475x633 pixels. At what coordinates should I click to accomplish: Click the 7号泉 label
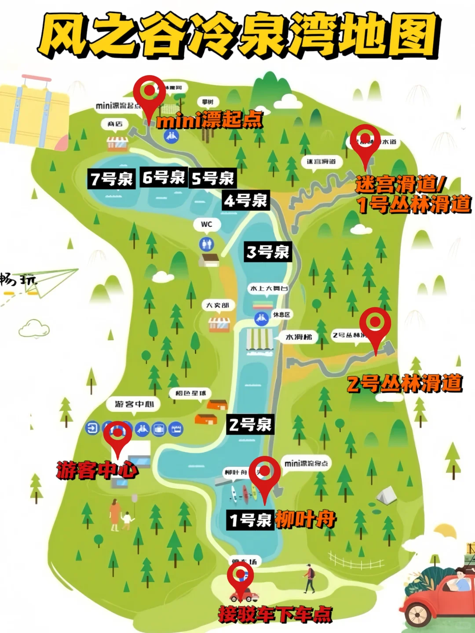pos(111,179)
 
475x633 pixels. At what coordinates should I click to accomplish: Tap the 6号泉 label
pos(164,177)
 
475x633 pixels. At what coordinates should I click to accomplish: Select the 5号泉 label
pos(213,178)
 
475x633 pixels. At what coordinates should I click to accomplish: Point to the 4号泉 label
pos(246,200)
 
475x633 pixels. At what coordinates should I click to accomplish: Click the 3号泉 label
pos(267,252)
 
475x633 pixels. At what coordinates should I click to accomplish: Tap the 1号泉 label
pos(250,520)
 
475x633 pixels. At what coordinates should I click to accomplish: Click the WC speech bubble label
pos(207,224)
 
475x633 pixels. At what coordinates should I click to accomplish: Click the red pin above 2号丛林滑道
pos(375,325)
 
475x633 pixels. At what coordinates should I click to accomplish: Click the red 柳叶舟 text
pos(305,520)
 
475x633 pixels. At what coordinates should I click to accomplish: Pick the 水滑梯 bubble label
pos(299,337)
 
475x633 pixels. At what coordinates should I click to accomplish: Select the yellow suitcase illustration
pos(33,112)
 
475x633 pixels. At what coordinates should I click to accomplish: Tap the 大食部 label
pos(218,305)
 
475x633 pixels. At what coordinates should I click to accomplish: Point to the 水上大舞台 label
pos(269,288)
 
